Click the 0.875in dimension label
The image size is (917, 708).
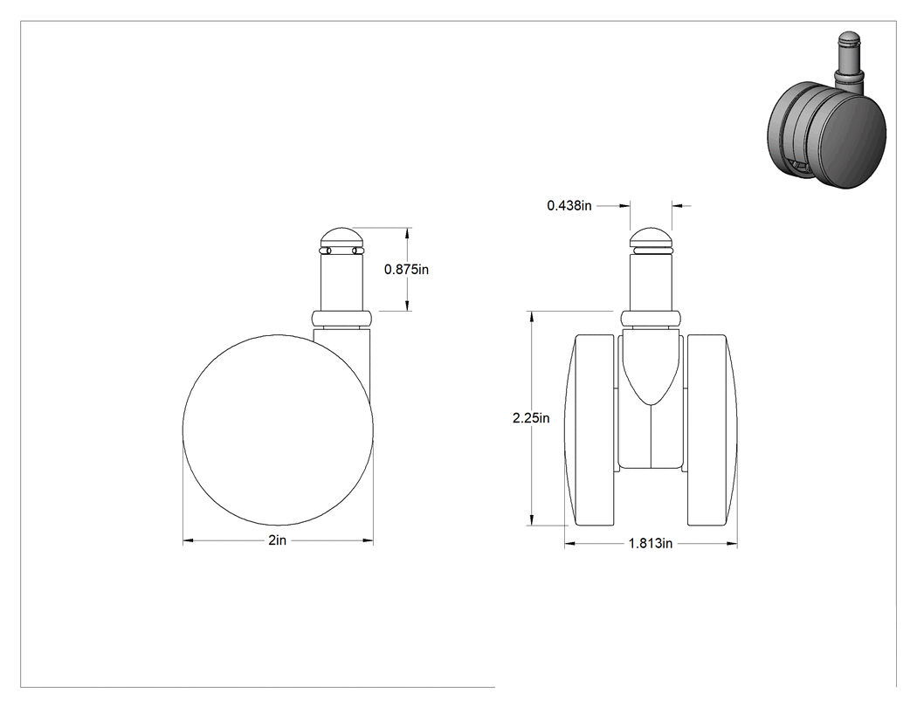pyautogui.click(x=406, y=270)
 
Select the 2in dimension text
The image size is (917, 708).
pyautogui.click(x=278, y=540)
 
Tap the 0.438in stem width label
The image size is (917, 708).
pyautogui.click(x=569, y=206)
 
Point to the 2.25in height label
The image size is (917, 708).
pyautogui.click(x=531, y=418)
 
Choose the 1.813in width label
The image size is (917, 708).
pyautogui.click(x=651, y=544)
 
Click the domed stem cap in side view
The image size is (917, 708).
pyautogui.click(x=342, y=237)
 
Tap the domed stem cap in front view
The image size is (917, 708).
pyautogui.click(x=651, y=237)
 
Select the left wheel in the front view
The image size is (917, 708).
pyautogui.click(x=590, y=430)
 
